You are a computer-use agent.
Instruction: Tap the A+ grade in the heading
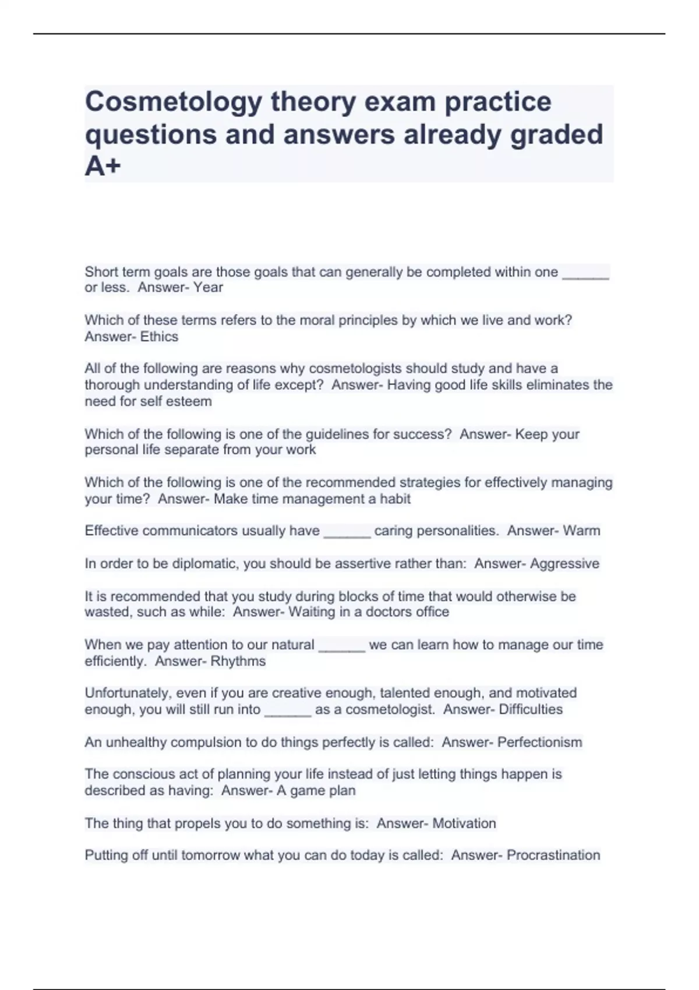click(103, 167)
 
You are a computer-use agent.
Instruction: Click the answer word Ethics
click(159, 337)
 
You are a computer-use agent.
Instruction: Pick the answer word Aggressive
click(564, 564)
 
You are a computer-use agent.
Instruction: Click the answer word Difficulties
click(531, 710)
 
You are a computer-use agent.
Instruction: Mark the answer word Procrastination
click(553, 855)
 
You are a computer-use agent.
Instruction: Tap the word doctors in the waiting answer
click(390, 612)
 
